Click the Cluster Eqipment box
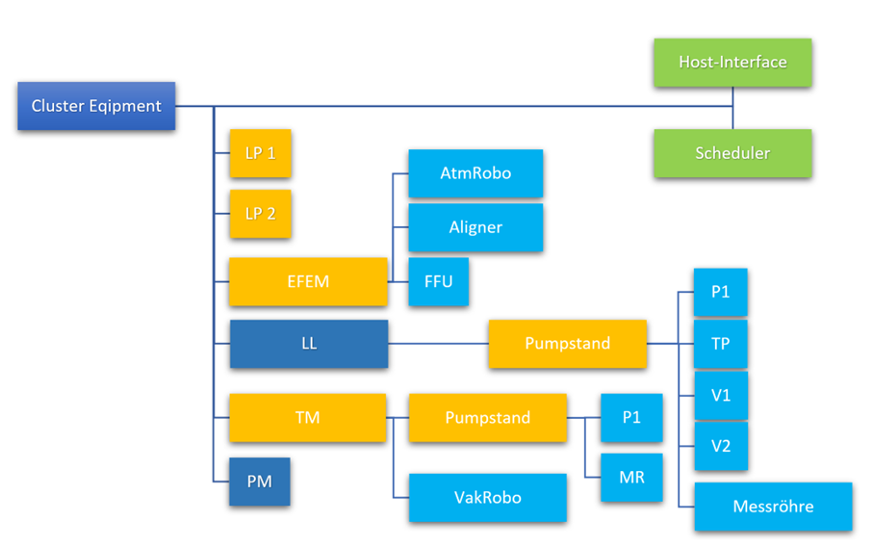96,106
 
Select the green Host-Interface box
732,63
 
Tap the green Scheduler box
732,153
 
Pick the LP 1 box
260,153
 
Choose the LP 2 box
260,214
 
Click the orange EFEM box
308,282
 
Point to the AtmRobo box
475,173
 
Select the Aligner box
475,227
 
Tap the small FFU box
438,282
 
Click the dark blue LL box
308,344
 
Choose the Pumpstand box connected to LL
567,344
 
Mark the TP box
720,344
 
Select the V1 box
720,396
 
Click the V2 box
720,446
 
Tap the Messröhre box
773,507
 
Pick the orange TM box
308,418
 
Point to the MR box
631,478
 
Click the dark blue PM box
260,482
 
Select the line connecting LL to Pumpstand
438,344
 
